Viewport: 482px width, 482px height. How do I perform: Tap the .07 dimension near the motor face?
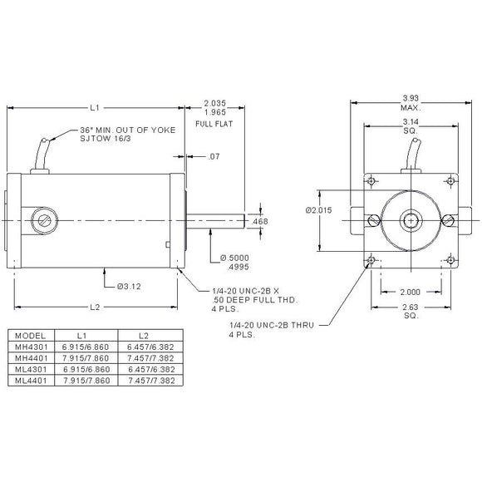[x=214, y=156]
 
